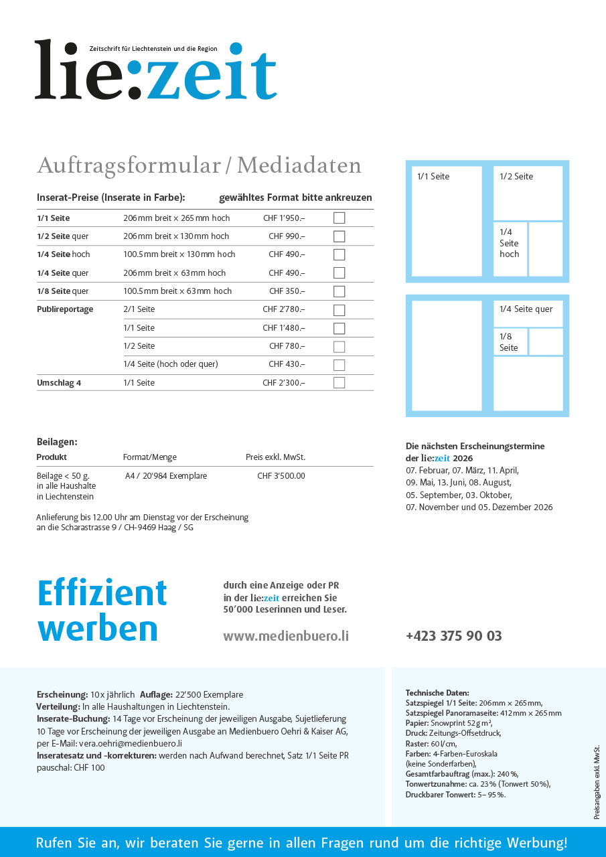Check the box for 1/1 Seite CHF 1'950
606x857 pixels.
point(339,218)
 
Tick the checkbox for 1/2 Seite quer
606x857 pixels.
point(339,236)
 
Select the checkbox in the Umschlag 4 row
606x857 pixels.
point(339,383)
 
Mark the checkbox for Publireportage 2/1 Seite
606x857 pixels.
point(339,310)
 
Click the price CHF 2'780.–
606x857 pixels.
point(283,309)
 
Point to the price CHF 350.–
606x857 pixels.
point(287,291)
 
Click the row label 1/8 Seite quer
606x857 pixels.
point(63,291)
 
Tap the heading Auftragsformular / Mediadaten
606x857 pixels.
point(199,165)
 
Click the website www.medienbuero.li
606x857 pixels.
point(286,636)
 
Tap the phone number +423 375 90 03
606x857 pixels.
point(453,636)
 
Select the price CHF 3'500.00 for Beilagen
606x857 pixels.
point(281,476)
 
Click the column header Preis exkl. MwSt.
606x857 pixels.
point(275,457)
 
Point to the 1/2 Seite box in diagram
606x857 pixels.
point(528,193)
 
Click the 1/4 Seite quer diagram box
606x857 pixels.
point(528,313)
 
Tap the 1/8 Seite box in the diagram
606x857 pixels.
point(510,341)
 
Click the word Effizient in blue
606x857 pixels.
point(102,593)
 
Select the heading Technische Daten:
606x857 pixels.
point(437,693)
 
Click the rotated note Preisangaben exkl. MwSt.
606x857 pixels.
point(597,781)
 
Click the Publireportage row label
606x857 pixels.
point(65,309)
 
